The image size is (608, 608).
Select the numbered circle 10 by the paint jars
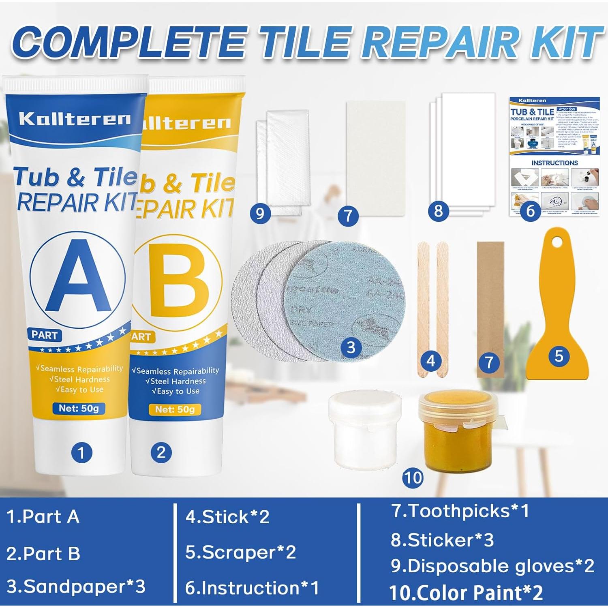413,477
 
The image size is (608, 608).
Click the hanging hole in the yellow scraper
558,242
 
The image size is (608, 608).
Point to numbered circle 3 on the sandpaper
351,347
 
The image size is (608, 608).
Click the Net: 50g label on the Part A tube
79,408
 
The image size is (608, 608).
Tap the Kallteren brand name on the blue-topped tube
75,119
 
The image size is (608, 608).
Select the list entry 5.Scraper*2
240,552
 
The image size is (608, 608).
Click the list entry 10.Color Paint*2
466,593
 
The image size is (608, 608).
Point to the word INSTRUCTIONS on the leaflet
554,163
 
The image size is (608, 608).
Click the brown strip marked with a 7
490,308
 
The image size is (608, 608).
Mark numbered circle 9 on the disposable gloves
260,213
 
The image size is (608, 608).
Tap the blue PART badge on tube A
45,335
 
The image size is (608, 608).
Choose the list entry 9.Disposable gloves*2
492,566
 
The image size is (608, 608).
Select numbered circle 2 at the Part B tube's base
161,452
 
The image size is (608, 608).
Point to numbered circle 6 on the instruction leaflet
530,211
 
